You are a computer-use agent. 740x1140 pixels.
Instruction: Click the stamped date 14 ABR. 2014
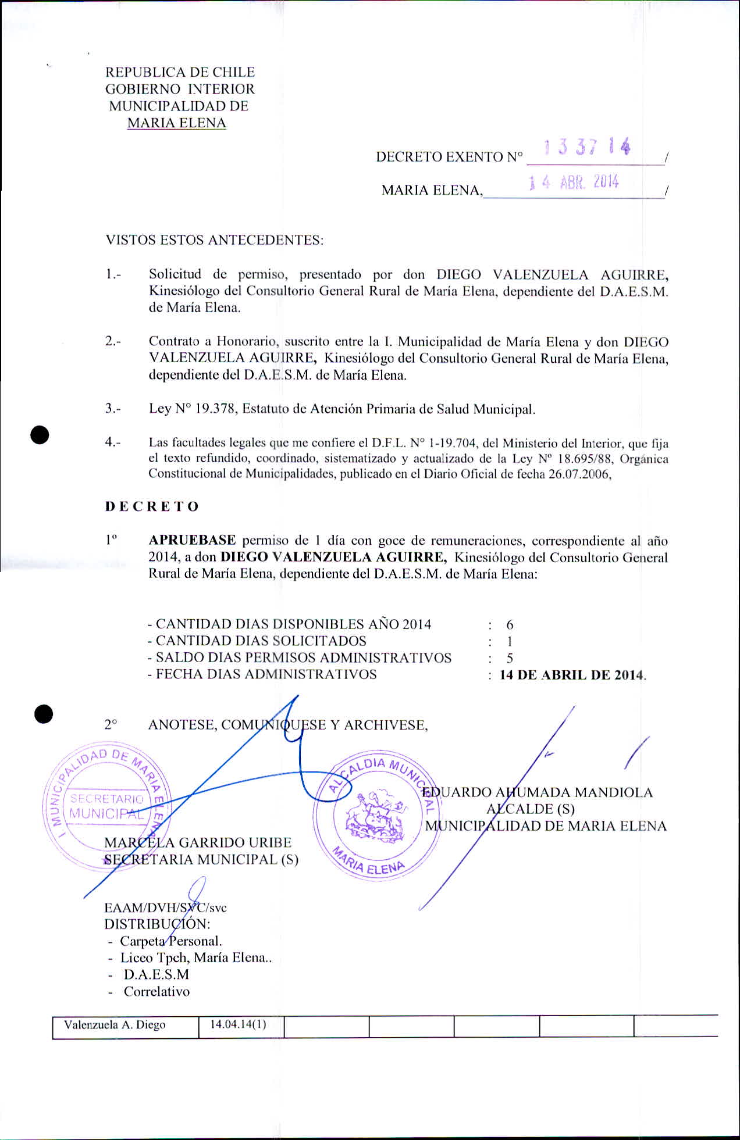[574, 183]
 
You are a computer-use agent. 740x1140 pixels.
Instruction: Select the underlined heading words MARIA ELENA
[176, 123]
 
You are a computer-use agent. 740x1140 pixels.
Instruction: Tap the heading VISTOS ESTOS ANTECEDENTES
[214, 240]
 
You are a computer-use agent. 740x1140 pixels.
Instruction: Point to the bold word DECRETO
[152, 506]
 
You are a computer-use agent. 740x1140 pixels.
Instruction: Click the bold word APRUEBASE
[192, 540]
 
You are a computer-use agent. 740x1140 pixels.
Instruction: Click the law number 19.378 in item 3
[215, 409]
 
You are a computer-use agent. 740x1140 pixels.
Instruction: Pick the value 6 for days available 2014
[510, 625]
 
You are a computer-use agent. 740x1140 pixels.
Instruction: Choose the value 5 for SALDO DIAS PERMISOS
[510, 658]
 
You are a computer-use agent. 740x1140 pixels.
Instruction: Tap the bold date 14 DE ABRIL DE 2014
[572, 675]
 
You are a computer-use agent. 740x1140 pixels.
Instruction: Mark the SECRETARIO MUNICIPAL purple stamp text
[106, 806]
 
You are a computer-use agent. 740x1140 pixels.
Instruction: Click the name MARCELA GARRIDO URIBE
[198, 842]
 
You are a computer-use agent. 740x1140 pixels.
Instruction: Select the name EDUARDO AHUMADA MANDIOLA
[537, 792]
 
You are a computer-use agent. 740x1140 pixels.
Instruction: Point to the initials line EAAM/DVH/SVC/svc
[165, 907]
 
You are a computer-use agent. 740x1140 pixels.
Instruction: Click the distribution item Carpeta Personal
[170, 941]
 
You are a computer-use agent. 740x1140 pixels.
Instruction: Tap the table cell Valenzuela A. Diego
[115, 1025]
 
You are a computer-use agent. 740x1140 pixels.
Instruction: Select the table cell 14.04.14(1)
[238, 1024]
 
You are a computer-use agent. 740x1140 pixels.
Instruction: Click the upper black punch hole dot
[40, 435]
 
